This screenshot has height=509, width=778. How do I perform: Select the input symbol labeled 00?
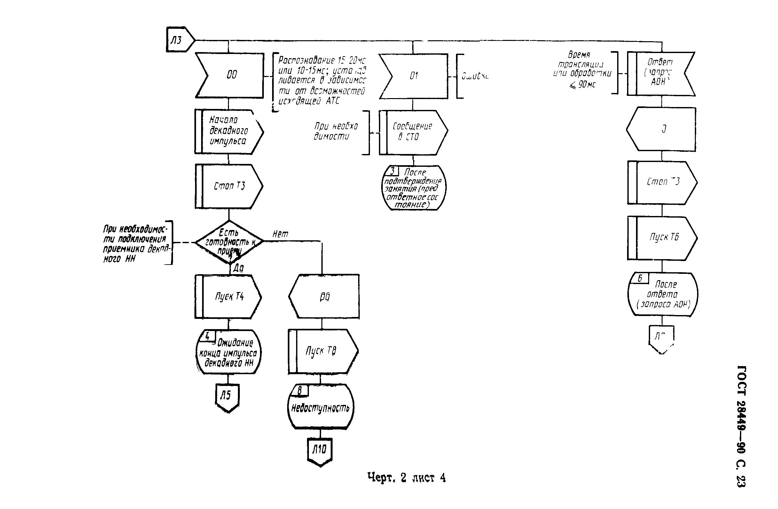tap(230, 75)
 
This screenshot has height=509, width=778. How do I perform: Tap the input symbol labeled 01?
tap(413, 76)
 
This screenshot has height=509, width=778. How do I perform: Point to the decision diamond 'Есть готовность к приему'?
tap(229, 242)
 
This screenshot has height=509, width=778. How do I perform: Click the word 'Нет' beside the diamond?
tap(280, 234)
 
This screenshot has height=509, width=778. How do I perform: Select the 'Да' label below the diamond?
tap(238, 268)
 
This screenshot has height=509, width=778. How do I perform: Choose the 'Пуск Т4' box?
tap(229, 296)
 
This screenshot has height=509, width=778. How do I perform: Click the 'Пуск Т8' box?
tap(322, 351)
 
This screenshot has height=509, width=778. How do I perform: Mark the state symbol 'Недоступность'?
tap(320, 408)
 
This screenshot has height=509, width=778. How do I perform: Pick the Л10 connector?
tap(320, 451)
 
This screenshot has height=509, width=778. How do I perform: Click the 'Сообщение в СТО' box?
tap(413, 132)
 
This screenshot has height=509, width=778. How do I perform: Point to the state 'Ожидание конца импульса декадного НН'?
tap(229, 352)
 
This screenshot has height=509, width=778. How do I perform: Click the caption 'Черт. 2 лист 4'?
tap(406, 478)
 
